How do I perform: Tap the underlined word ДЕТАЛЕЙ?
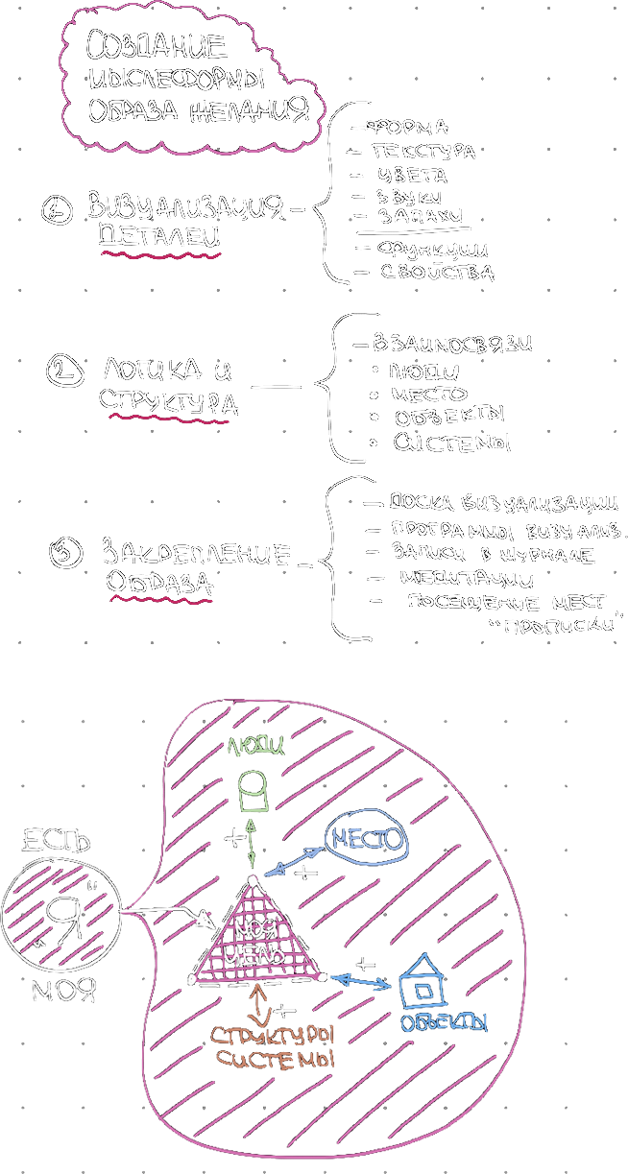click(159, 236)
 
